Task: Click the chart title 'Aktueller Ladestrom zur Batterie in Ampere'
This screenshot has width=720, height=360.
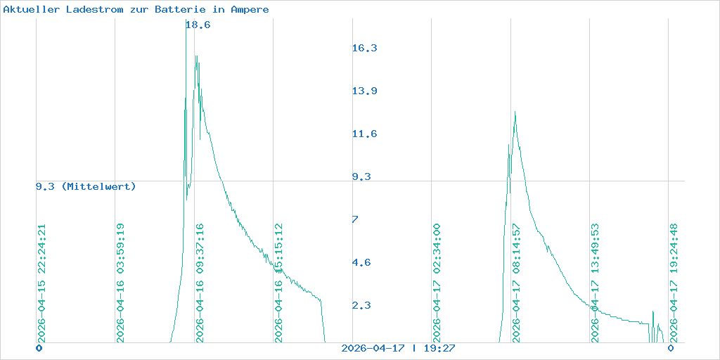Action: pyautogui.click(x=136, y=10)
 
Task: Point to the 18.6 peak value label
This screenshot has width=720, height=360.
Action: pyautogui.click(x=198, y=25)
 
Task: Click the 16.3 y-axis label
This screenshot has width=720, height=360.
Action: pyautogui.click(x=364, y=48)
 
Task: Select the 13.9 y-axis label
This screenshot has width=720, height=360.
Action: pyautogui.click(x=364, y=91)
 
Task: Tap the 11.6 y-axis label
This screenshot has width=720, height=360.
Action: pyautogui.click(x=364, y=134)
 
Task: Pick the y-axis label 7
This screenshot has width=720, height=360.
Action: pyautogui.click(x=355, y=219)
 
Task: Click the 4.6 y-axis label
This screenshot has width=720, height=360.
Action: pyautogui.click(x=361, y=262)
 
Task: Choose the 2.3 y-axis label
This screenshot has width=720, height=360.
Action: pyautogui.click(x=361, y=305)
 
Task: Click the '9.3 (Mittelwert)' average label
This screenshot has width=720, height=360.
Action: pyautogui.click(x=86, y=186)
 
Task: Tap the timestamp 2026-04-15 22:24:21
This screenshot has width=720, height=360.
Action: pyautogui.click(x=41, y=283)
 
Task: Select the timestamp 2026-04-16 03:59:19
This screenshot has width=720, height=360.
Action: pyautogui.click(x=120, y=283)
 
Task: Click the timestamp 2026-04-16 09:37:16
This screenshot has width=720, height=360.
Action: pyautogui.click(x=200, y=283)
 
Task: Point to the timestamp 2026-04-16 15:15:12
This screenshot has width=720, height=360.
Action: pyautogui.click(x=278, y=283)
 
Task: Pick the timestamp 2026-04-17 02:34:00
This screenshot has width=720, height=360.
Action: pyautogui.click(x=437, y=283)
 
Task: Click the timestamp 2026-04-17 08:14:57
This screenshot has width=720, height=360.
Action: pyautogui.click(x=516, y=283)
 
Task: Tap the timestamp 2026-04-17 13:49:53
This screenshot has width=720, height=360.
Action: pyautogui.click(x=595, y=283)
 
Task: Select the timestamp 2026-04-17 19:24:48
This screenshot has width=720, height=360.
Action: pyautogui.click(x=674, y=283)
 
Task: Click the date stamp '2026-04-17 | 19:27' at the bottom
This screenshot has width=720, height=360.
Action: pyautogui.click(x=398, y=348)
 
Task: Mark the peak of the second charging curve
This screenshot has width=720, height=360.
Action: pyautogui.click(x=515, y=112)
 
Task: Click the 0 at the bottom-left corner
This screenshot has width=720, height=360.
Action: pyautogui.click(x=39, y=348)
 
